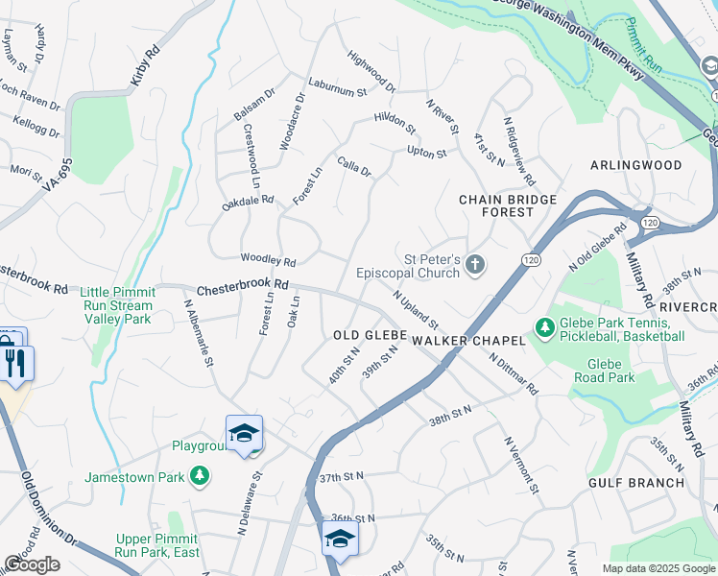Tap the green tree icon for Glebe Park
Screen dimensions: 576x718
(x=545, y=328)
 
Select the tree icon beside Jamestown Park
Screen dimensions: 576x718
(x=199, y=475)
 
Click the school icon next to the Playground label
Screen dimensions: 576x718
(x=244, y=434)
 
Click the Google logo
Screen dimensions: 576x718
(x=32, y=564)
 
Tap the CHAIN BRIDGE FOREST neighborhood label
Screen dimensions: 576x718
(x=508, y=205)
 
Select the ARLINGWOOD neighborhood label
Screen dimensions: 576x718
(x=634, y=165)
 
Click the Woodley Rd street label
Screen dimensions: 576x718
(x=268, y=261)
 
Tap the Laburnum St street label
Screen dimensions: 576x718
(x=337, y=86)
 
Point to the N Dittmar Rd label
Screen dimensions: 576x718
(x=514, y=373)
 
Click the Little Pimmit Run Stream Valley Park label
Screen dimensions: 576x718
(x=116, y=305)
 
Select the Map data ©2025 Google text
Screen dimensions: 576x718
(x=658, y=568)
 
